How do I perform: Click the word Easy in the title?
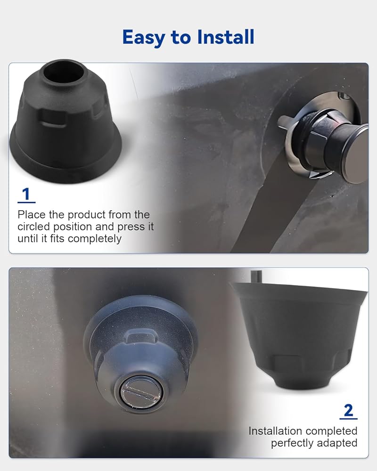point(144,38)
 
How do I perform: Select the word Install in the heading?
point(226,37)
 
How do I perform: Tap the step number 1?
point(26,194)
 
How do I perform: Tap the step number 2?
point(348,410)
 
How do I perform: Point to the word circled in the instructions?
point(33,227)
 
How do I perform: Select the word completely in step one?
point(95,239)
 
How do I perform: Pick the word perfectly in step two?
point(292,443)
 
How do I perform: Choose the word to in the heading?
point(181,38)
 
